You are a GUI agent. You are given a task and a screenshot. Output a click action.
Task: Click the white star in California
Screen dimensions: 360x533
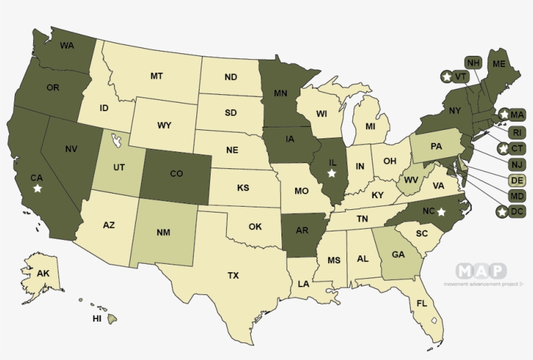coord(38,188)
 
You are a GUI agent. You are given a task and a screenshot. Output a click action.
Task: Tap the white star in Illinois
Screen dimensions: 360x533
coord(331,174)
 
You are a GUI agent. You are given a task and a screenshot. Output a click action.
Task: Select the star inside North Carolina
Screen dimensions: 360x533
coord(441,211)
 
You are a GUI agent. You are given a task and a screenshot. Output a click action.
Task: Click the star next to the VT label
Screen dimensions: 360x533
coord(446,77)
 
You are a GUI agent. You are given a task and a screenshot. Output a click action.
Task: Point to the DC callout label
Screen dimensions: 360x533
coord(517,212)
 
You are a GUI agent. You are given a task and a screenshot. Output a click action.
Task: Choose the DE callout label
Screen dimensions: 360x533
coord(517,180)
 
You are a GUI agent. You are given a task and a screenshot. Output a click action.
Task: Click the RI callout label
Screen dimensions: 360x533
coord(517,133)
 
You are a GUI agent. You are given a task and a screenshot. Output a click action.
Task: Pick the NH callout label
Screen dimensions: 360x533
coord(473,62)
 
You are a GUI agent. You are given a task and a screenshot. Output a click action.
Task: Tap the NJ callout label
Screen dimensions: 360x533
coord(517,164)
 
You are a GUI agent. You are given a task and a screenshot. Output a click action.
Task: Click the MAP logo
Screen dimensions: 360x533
coord(481,271)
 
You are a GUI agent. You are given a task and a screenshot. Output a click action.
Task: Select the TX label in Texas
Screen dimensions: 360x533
coord(233,276)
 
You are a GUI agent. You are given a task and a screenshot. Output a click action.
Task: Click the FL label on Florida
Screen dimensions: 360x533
coord(421,303)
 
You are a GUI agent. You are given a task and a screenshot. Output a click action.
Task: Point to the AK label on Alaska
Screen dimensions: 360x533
coord(43,274)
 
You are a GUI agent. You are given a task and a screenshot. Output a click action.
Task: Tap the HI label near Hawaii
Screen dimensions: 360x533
coord(97,319)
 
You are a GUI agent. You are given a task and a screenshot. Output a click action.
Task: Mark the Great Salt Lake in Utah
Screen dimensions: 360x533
coord(116,140)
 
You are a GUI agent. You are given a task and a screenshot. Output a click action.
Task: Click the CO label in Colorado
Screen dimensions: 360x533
coord(177,174)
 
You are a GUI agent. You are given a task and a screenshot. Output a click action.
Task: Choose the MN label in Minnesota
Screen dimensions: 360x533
coord(280,93)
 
